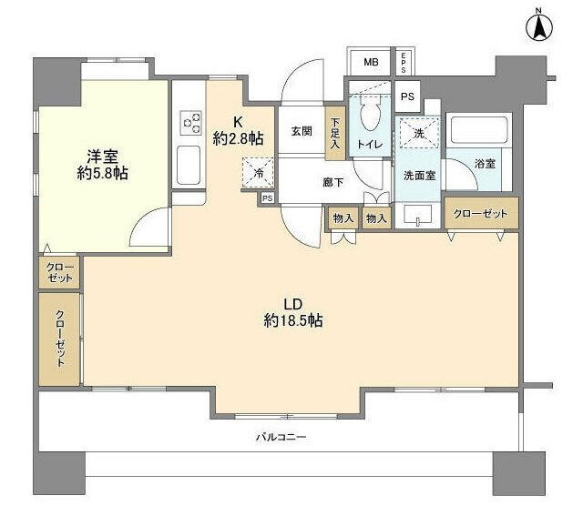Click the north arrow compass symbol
point(538,26)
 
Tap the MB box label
point(371,62)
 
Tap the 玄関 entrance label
point(302,131)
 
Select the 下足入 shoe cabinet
point(335,133)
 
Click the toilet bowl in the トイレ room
point(369,116)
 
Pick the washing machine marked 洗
point(417,133)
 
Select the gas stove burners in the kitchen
point(191,122)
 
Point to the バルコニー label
point(280,437)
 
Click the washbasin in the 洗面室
point(420,216)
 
